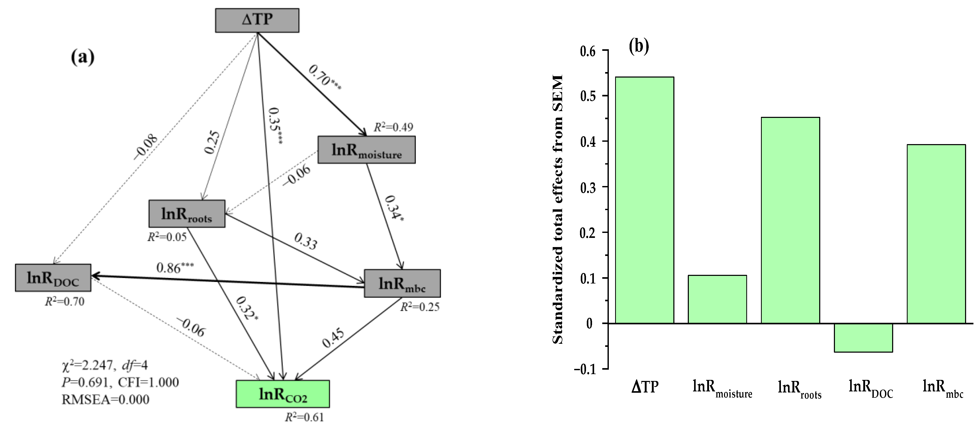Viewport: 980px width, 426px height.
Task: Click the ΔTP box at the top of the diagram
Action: coord(257,20)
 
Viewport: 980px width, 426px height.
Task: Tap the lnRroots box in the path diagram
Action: coord(187,214)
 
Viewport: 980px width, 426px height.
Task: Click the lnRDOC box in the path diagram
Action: coord(53,278)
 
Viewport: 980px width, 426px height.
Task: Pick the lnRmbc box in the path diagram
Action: coord(402,283)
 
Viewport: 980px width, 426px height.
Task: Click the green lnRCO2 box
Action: coord(283,394)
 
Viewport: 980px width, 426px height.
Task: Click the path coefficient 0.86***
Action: coord(175,267)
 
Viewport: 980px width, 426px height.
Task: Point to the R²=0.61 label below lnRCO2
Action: coord(304,417)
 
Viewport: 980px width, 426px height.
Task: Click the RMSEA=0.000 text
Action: coord(105,399)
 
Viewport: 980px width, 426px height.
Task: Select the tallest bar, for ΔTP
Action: coord(645,200)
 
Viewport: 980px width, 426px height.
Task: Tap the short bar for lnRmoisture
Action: coord(717,299)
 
